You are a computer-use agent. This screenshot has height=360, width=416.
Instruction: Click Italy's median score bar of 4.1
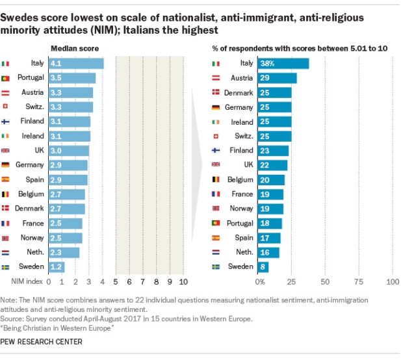click(x=76, y=64)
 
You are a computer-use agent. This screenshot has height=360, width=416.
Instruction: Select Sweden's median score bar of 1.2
click(x=57, y=267)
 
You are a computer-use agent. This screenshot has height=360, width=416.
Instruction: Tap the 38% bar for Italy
click(x=284, y=64)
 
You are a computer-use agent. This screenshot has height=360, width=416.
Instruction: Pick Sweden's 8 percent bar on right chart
click(x=265, y=267)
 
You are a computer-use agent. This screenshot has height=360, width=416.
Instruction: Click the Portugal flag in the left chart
click(x=6, y=78)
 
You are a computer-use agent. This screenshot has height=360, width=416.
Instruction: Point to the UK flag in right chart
click(x=216, y=165)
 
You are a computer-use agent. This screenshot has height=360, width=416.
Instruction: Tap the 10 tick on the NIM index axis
click(x=183, y=282)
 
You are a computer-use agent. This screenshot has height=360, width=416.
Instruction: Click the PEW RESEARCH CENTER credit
click(x=42, y=341)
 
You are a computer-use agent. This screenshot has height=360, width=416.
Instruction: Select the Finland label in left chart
click(x=32, y=122)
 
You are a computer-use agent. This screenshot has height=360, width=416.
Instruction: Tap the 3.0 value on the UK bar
click(x=56, y=151)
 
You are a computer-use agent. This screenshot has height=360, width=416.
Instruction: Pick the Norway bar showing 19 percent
click(x=272, y=209)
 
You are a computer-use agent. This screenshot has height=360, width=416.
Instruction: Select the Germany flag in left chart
click(x=6, y=165)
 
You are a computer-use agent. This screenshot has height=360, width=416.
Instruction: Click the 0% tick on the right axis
click(x=260, y=282)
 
